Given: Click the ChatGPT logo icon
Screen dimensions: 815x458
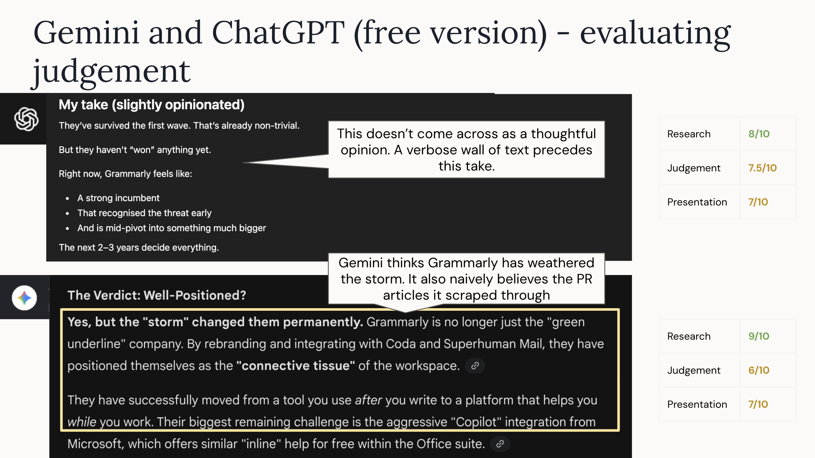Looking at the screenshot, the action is pyautogui.click(x=26, y=119).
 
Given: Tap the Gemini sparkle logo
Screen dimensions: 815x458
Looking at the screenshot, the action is pyautogui.click(x=24, y=298).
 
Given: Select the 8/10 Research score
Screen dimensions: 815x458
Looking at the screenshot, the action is pyautogui.click(x=759, y=134).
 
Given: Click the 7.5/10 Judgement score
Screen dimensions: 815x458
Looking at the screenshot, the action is pyautogui.click(x=762, y=168).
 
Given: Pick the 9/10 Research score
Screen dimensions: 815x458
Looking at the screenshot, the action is pyautogui.click(x=759, y=336).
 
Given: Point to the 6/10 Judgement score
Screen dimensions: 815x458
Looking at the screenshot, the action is pyautogui.click(x=759, y=370).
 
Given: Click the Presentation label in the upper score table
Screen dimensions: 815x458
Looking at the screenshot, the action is pyautogui.click(x=697, y=202).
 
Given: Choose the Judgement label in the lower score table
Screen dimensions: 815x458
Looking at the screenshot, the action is pyautogui.click(x=694, y=370).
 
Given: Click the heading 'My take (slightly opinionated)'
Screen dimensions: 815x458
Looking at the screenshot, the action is pyautogui.click(x=152, y=105).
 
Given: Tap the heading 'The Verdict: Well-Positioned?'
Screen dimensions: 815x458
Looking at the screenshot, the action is pyautogui.click(x=156, y=295).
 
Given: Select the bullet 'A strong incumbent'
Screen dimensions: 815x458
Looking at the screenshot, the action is pyautogui.click(x=118, y=198).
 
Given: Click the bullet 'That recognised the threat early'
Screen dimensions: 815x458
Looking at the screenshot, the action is pyautogui.click(x=144, y=213).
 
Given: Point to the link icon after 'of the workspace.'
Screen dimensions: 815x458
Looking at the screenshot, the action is pyautogui.click(x=475, y=366).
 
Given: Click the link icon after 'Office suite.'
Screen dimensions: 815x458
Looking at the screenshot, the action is pyautogui.click(x=500, y=444).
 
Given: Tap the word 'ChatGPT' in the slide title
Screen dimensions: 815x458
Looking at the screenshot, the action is pyautogui.click(x=278, y=33).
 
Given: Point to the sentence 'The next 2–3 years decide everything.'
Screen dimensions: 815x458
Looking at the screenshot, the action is pyautogui.click(x=139, y=247).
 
